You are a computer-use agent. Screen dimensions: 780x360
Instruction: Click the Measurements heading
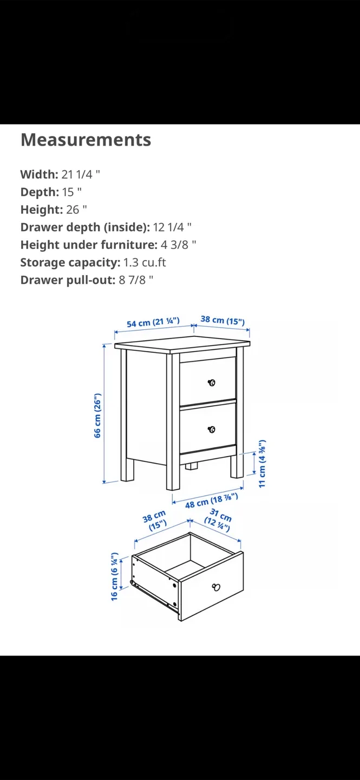tap(86, 140)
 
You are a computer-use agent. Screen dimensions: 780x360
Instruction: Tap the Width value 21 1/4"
tap(81, 174)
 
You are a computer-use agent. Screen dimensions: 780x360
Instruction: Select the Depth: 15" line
tap(51, 192)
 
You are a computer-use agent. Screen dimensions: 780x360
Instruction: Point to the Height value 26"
tap(76, 210)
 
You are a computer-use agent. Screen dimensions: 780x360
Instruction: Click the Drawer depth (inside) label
tap(85, 227)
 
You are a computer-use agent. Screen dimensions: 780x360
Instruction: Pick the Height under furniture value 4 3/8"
tap(179, 245)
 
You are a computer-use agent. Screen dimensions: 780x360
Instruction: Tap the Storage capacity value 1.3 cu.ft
tap(145, 262)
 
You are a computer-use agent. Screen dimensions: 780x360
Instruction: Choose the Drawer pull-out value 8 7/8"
tap(136, 280)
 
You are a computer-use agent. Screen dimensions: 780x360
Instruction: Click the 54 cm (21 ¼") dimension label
tap(153, 323)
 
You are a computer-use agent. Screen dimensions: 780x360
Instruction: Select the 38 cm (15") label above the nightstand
tap(222, 321)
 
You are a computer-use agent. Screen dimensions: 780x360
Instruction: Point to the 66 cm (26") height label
tap(97, 415)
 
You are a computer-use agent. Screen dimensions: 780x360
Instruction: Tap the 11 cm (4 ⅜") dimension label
tap(262, 464)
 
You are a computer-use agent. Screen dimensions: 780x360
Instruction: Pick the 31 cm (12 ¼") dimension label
tap(219, 520)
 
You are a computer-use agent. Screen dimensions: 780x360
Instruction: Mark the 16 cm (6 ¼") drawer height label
tap(115, 576)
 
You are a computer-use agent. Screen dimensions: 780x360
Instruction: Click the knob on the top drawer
tap(212, 383)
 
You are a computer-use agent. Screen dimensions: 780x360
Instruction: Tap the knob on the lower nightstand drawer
tap(212, 430)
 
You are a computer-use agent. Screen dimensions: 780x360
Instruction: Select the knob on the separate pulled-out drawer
tap(216, 587)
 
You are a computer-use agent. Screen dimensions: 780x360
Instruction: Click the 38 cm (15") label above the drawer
tap(155, 521)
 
